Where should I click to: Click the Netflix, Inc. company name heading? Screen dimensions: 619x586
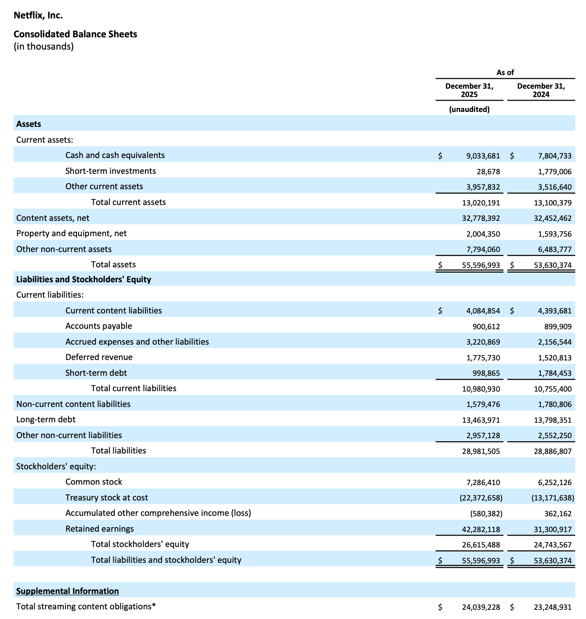tap(38, 15)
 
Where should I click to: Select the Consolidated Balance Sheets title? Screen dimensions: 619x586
tap(75, 34)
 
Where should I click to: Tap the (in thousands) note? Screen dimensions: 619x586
tap(43, 46)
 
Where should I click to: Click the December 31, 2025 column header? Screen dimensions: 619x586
tap(469, 90)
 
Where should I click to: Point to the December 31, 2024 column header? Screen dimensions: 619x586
tap(541, 90)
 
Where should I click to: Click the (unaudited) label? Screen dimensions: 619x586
tap(469, 109)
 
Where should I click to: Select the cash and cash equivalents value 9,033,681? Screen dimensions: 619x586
tap(483, 155)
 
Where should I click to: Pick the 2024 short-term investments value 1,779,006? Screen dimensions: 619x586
tap(555, 171)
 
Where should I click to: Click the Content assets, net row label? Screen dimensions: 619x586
tap(53, 218)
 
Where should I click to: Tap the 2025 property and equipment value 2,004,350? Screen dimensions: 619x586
tap(483, 234)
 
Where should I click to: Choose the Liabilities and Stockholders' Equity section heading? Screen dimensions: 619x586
tap(83, 279)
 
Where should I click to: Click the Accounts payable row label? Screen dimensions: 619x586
tap(98, 326)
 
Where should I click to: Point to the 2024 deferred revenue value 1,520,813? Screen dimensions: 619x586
tap(555, 357)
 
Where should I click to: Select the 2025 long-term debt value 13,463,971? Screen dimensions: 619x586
tap(481, 420)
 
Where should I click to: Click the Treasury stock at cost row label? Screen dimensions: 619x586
tap(106, 497)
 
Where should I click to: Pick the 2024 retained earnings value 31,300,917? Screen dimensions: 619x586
tap(553, 529)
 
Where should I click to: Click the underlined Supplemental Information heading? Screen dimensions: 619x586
tap(67, 591)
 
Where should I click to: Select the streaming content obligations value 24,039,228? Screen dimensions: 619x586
tap(481, 607)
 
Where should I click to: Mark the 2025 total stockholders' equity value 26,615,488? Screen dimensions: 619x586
tap(481, 544)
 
